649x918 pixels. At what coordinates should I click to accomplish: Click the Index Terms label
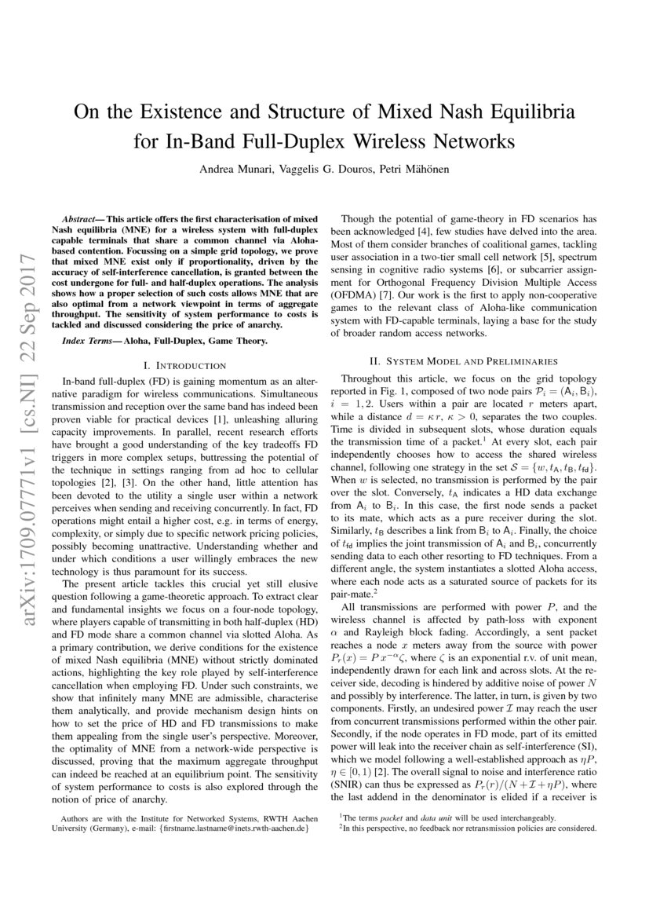[89, 341]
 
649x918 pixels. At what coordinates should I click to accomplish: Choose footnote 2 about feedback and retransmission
[468, 827]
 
